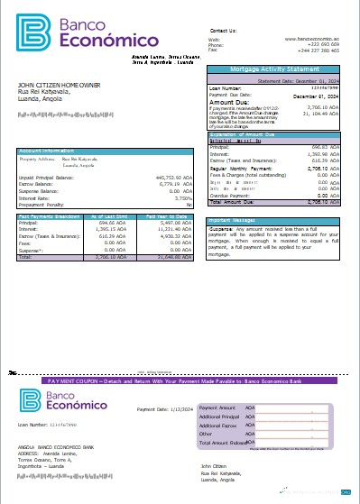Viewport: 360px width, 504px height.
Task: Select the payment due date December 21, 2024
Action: coord(318,94)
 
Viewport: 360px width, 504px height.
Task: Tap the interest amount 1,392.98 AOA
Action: coord(322,153)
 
